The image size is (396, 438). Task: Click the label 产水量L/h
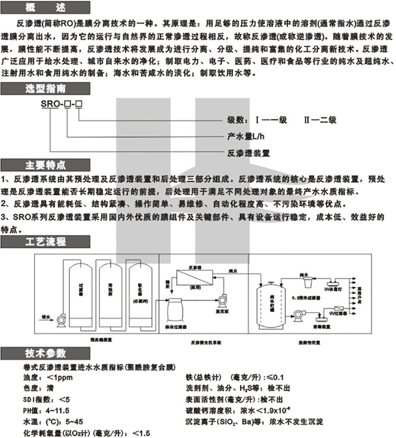coord(247,136)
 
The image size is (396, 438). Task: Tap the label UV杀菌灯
coord(333,288)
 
